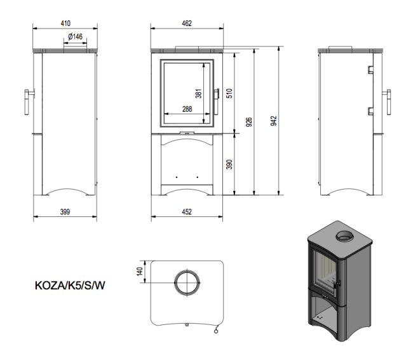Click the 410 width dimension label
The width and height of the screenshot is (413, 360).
65,24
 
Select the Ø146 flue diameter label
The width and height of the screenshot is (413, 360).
75,37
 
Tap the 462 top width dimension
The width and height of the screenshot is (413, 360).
187,24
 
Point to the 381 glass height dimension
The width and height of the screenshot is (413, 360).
198,93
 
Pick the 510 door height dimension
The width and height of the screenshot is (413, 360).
230,93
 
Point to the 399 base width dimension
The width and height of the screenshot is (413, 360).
65,212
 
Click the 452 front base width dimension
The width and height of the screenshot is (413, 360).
187,212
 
